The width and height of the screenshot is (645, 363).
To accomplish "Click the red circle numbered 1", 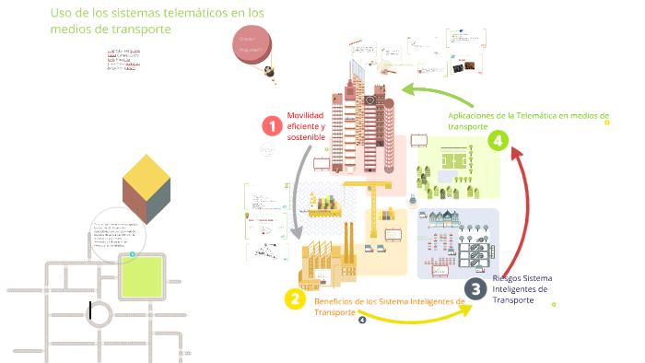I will [x=271, y=125].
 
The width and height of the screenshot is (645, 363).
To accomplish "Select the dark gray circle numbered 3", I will [x=475, y=289].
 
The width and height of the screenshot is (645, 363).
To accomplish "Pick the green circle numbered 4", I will [x=498, y=140].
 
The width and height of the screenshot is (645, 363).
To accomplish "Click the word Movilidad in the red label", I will [x=306, y=115].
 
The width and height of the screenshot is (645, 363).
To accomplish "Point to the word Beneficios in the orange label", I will [x=335, y=301].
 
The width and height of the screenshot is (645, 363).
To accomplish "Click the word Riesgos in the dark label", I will [x=509, y=277].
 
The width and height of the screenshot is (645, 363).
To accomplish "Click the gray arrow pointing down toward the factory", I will [x=297, y=193].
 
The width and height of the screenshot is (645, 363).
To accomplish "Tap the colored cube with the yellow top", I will [x=147, y=184].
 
